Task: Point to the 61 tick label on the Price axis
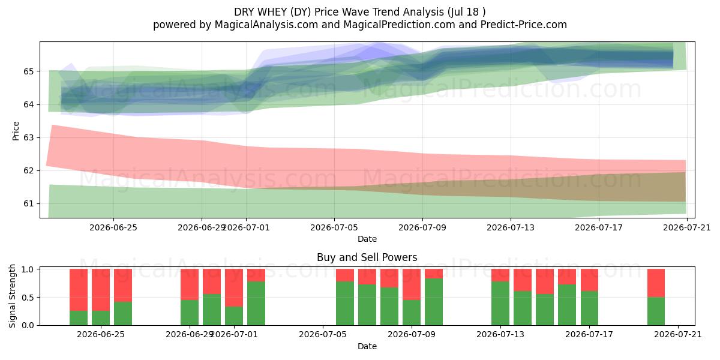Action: [x=28, y=204]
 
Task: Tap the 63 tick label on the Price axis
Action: [x=28, y=137]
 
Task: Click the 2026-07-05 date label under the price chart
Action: [x=334, y=227]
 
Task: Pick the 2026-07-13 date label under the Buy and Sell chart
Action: [x=500, y=334]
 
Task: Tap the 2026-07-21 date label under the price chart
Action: [x=687, y=227]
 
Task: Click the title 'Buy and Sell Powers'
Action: [x=367, y=257]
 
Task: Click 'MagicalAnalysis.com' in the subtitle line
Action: [x=266, y=25]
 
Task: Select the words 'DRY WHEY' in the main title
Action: [x=260, y=12]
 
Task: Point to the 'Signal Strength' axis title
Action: [x=12, y=296]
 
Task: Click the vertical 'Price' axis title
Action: [x=16, y=131]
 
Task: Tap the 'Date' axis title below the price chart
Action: [x=367, y=239]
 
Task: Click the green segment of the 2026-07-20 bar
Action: [x=656, y=311]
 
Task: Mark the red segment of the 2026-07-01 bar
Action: [x=234, y=287]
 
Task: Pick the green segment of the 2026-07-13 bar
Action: [x=500, y=304]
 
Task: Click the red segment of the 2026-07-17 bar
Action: [x=589, y=280]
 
